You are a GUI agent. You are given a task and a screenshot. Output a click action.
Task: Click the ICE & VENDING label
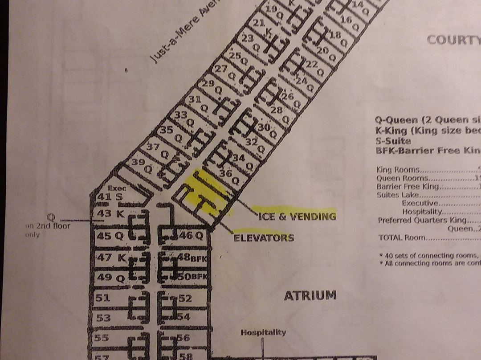[297, 217]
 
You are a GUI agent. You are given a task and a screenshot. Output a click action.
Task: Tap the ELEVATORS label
[264, 237]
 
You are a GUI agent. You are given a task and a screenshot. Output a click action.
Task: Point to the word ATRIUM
[310, 295]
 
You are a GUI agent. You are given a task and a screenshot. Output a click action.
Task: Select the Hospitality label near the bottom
[263, 332]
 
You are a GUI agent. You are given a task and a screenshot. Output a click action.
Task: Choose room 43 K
[110, 214]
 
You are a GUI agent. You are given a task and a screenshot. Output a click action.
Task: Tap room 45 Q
[110, 236]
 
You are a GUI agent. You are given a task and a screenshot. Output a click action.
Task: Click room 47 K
[111, 257]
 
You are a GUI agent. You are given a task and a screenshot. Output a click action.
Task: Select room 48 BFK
[192, 258]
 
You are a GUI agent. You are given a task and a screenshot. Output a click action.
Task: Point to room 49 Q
[110, 278]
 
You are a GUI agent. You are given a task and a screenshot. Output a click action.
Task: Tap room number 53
[103, 318]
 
